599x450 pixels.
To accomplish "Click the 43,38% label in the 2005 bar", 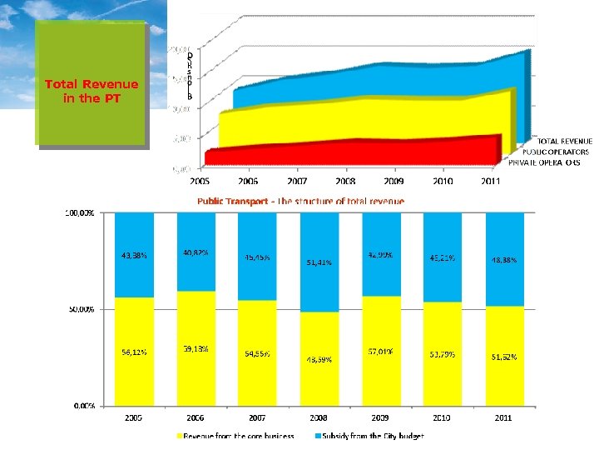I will tap(134, 257).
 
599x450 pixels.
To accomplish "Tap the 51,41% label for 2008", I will tap(319, 262).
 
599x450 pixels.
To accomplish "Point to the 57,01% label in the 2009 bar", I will tap(380, 352).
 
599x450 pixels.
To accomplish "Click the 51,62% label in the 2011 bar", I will tap(502, 357).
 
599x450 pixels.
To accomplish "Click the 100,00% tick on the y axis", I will tap(80, 212).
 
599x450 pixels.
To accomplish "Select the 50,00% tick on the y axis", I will tap(82, 309).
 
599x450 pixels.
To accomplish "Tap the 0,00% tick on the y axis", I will tap(84, 406).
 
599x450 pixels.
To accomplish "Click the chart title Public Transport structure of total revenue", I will tap(300, 202).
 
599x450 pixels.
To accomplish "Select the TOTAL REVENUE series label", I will tap(563, 142).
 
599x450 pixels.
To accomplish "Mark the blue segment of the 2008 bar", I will tap(319, 250).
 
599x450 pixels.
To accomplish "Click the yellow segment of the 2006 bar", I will tap(196, 367).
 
